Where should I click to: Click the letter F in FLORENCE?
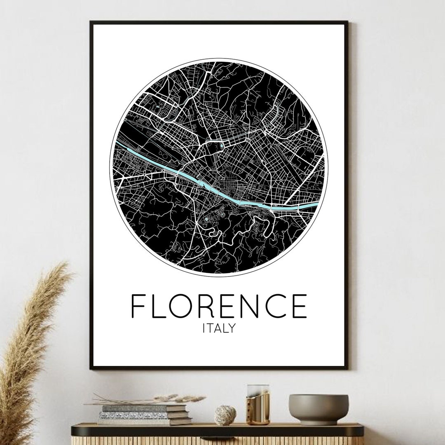(140, 306)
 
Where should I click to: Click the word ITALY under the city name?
(219, 328)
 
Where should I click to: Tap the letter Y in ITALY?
(231, 328)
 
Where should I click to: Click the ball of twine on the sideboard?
(225, 414)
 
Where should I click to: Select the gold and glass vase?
(258, 405)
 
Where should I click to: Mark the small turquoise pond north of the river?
(222, 145)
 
